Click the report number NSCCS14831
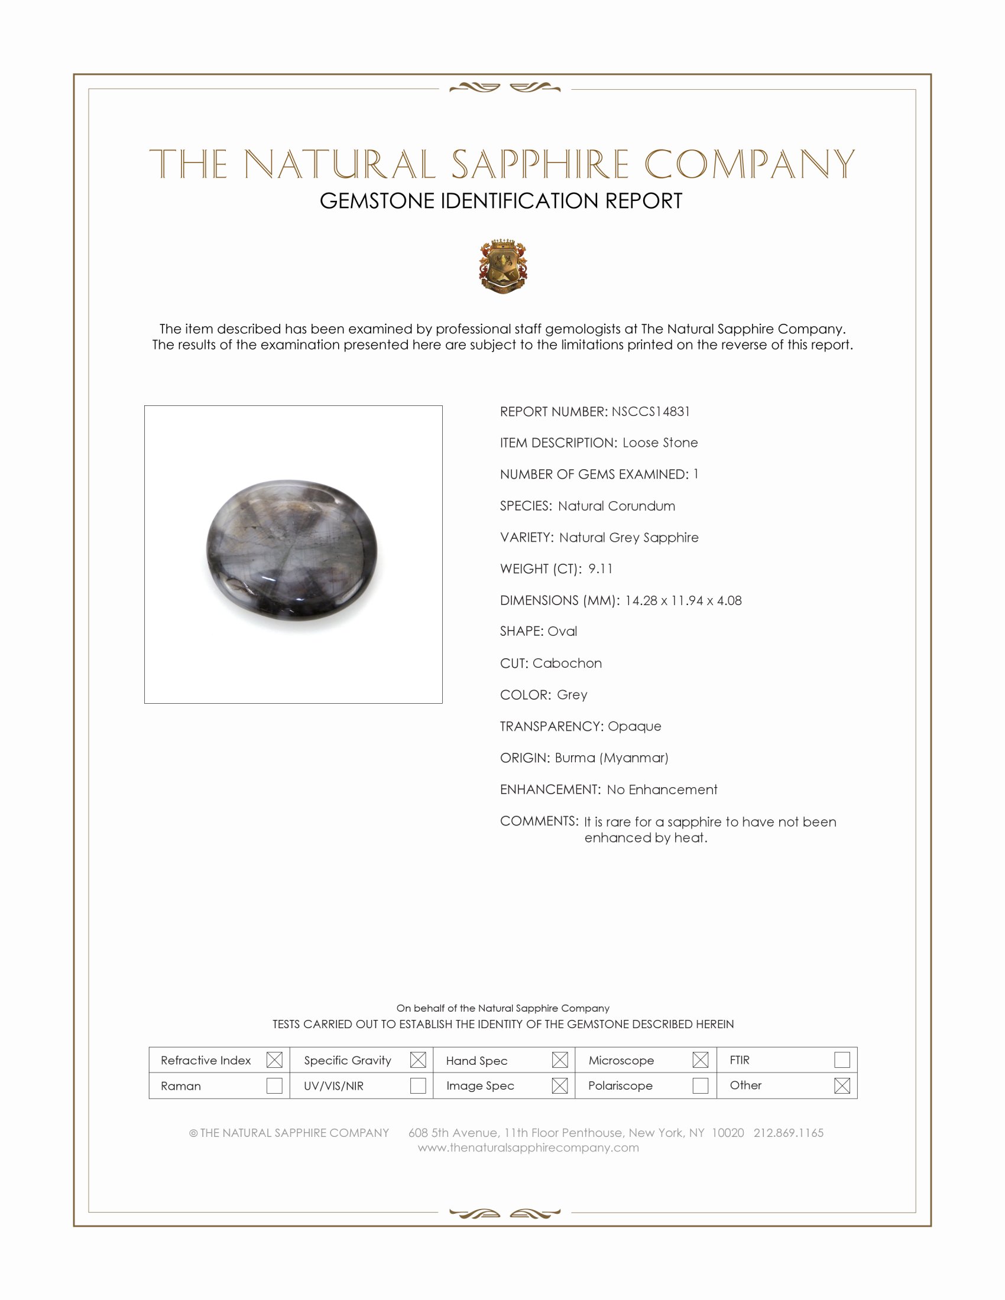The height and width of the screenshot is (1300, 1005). [650, 411]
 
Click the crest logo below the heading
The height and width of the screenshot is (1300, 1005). [503, 266]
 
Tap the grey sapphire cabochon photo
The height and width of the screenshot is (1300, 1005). [291, 550]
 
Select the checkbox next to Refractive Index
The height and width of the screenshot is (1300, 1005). [274, 1060]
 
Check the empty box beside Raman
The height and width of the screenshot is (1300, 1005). [274, 1085]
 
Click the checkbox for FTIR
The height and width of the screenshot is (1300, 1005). [842, 1060]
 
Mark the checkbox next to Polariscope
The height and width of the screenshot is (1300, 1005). [701, 1085]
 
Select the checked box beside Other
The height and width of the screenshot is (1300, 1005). [842, 1085]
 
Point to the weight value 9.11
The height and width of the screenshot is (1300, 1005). [600, 569]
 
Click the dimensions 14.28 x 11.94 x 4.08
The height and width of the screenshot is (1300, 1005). [683, 600]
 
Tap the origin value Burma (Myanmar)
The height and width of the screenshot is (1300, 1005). [611, 758]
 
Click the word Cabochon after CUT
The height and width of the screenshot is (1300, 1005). [567, 663]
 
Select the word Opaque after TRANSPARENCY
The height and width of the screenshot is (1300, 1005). [634, 726]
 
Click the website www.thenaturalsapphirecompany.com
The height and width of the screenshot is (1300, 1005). [528, 1148]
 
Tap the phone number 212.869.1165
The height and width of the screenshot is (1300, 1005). [788, 1133]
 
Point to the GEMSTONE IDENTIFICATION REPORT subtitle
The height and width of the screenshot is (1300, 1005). [501, 201]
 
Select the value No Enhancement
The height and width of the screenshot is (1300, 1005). [662, 789]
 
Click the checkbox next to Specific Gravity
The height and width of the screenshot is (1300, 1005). [418, 1060]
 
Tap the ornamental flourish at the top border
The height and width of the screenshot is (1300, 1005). [504, 88]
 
